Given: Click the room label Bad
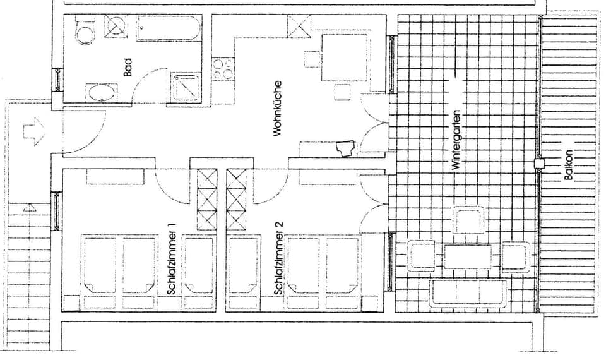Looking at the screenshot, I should click(x=128, y=67).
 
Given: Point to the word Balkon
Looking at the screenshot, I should click(x=568, y=165).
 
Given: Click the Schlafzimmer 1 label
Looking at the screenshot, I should click(x=172, y=258).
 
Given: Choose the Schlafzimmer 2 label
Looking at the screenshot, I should click(x=278, y=258).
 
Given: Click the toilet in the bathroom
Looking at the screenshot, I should click(x=84, y=30).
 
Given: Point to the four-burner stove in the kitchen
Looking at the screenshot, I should click(x=223, y=69).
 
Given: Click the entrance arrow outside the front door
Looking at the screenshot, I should click(x=32, y=131).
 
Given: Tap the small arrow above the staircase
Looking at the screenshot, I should click(x=28, y=207).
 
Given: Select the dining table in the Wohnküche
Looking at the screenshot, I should click(x=345, y=58).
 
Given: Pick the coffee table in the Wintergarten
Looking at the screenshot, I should click(x=468, y=256).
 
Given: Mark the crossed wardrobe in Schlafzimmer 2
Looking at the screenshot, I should click(x=236, y=200).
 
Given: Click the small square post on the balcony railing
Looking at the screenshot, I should click(x=538, y=163).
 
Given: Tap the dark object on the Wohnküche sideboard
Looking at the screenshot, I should click(x=345, y=149).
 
